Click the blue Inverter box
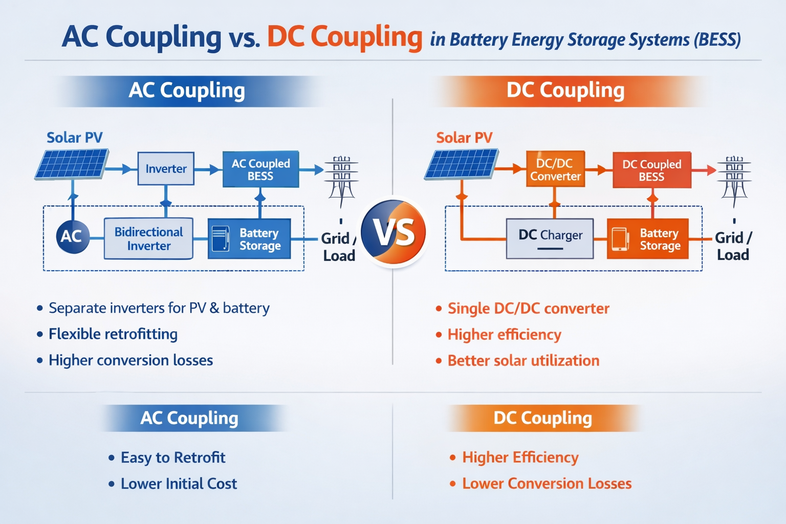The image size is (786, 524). pyautogui.click(x=166, y=168)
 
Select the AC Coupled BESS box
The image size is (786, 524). pyautogui.click(x=260, y=169)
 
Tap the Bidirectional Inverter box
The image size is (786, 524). pyautogui.click(x=148, y=238)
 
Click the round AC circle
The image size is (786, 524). pyautogui.click(x=72, y=236)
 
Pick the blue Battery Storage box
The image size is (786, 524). pyautogui.click(x=250, y=239)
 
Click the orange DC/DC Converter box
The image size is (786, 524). pyautogui.click(x=555, y=169)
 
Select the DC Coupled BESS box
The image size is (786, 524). pyautogui.click(x=651, y=170)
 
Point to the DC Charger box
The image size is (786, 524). pyautogui.click(x=550, y=238)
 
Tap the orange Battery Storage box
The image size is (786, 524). pyautogui.click(x=648, y=239)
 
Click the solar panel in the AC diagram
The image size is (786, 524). pyautogui.click(x=72, y=164)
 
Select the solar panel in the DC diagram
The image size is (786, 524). pyautogui.click(x=462, y=164)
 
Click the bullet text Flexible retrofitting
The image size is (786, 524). pyautogui.click(x=113, y=334)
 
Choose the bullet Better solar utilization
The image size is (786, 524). pyautogui.click(x=523, y=361)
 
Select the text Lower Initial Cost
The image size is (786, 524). pyautogui.click(x=179, y=484)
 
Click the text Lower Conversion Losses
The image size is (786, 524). pyautogui.click(x=547, y=484)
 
